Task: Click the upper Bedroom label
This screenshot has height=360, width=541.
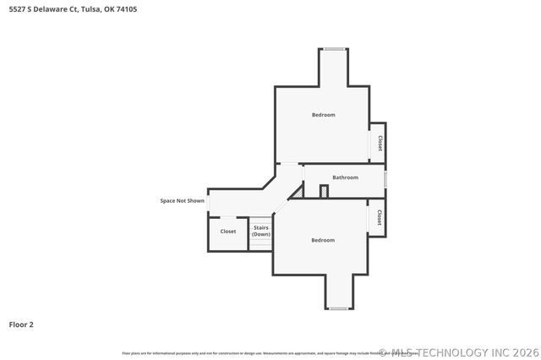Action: [323, 115]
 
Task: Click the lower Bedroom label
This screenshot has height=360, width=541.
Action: [323, 240]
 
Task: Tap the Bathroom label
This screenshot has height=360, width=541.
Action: [345, 177]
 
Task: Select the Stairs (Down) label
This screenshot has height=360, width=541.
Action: [260, 230]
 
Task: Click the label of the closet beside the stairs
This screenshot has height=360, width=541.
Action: [228, 231]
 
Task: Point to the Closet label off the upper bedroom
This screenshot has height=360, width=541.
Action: [380, 143]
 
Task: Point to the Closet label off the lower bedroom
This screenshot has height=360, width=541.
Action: [380, 217]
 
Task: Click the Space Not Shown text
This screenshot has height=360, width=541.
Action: [183, 201]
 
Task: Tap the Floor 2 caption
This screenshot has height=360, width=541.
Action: [21, 324]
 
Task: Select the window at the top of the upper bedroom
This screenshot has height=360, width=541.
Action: [333, 49]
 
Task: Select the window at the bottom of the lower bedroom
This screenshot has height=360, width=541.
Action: [338, 308]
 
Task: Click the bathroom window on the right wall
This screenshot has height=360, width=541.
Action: [385, 179]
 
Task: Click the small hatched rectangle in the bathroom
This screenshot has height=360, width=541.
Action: [324, 191]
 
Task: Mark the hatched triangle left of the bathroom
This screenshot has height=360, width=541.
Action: [298, 192]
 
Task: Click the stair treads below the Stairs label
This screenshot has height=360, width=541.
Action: [260, 244]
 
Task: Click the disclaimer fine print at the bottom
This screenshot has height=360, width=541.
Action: [254, 352]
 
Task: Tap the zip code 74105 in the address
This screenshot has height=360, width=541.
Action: [127, 9]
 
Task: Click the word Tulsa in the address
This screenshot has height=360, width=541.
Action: [91, 9]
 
